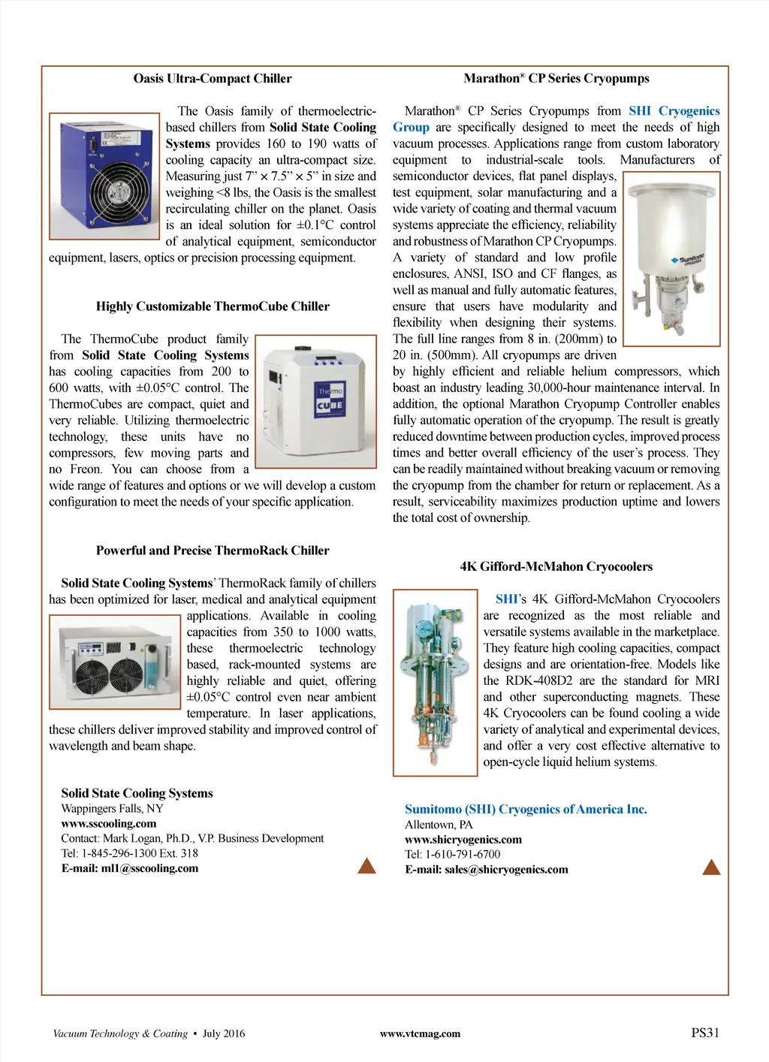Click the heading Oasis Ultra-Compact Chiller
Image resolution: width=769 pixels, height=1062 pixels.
coord(213,79)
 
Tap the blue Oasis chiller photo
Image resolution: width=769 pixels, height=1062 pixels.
coord(104,176)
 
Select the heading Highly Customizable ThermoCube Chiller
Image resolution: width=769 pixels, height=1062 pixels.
coord(213,306)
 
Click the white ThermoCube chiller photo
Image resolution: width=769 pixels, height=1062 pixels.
coord(315,402)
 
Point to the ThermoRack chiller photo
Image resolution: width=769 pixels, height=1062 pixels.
coord(115,662)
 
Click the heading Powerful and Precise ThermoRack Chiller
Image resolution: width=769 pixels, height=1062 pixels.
coord(213,551)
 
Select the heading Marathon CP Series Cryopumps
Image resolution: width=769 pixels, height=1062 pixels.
coord(556,79)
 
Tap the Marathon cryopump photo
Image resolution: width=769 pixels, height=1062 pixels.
coord(672,258)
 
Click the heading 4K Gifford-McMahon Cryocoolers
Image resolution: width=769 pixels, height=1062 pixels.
coord(556,567)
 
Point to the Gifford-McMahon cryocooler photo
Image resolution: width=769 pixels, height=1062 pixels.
coord(435,682)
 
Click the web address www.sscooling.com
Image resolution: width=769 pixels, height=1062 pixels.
coord(109,824)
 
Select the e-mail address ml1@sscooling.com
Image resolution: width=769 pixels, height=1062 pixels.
coord(149,869)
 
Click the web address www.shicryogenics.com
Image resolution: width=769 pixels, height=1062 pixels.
coord(463,840)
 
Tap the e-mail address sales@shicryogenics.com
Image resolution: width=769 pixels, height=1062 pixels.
coord(506,870)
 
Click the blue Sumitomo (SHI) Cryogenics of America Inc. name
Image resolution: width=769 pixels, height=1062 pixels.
coord(526,810)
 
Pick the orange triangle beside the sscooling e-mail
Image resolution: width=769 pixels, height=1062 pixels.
coord(366,866)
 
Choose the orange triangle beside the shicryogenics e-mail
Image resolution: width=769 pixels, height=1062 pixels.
coord(711,867)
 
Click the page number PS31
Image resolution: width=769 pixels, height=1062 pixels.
coord(705,1033)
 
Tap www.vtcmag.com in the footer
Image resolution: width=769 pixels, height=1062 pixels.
coord(420,1034)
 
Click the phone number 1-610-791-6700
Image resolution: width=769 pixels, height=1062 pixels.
coord(463,855)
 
